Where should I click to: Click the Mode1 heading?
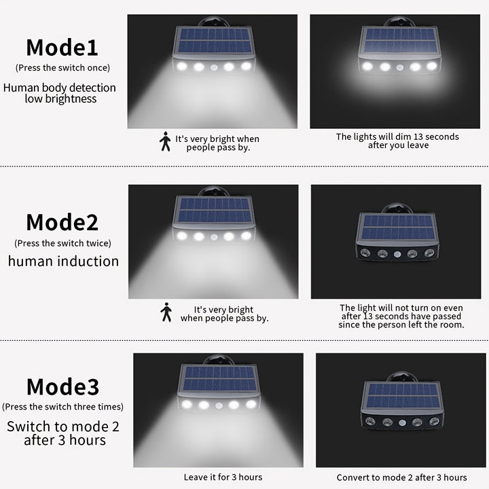pos(62,48)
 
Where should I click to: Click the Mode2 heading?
pos(62,222)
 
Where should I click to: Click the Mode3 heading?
pos(62,387)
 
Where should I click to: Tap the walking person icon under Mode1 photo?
pos(165,141)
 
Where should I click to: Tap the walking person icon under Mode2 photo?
pos(166,312)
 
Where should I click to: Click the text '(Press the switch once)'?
pos(62,67)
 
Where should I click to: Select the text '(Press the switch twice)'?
pos(62,242)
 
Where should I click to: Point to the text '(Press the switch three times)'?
pos(62,407)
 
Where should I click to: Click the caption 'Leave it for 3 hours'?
pos(223,477)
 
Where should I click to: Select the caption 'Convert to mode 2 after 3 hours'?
pos(401,477)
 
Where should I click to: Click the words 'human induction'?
pos(63,261)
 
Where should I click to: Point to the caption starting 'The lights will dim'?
pos(397,141)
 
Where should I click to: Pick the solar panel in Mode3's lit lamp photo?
pos(217,379)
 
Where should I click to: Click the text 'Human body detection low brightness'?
pos(60,93)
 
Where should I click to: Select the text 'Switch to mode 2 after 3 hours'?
pos(62,433)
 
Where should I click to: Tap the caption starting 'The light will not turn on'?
pos(401,316)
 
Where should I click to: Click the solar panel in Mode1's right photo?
pos(399,41)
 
